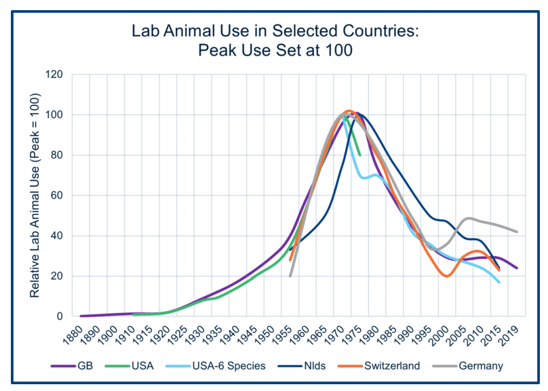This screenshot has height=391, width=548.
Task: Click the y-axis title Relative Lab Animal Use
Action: coord(35,195)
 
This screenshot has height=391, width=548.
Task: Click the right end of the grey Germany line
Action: coord(517,232)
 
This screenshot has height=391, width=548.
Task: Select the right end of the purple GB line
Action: coord(517,268)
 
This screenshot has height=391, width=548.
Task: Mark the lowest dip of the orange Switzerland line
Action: coord(446,276)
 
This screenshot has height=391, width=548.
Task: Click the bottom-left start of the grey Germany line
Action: coord(290,276)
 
